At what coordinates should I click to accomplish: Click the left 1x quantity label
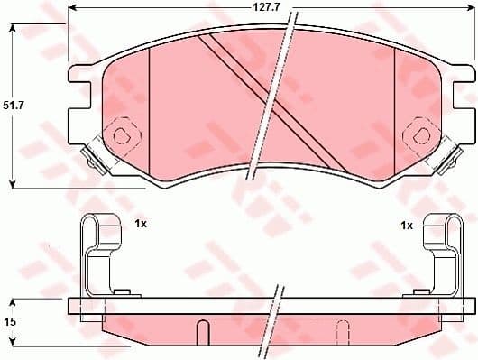click(141, 223)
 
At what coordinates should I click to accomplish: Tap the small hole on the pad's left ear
click(122, 136)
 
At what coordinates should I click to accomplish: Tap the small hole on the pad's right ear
click(419, 134)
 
